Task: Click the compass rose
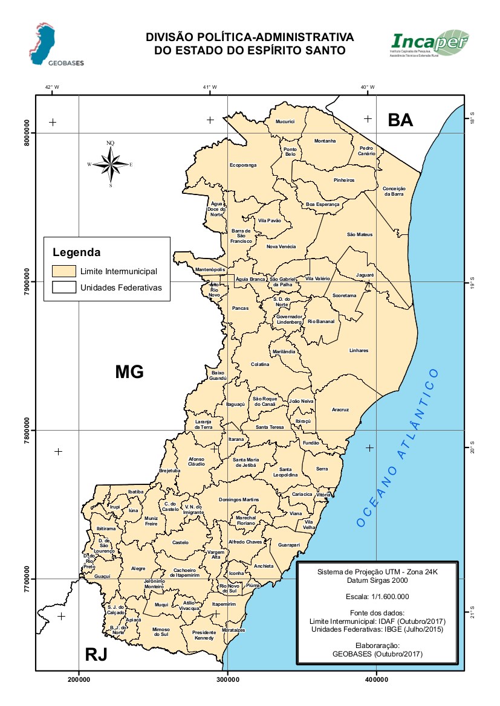(110, 164)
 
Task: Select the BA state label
(400, 120)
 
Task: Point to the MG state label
(129, 372)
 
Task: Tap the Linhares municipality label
(359, 350)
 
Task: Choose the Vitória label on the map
(323, 495)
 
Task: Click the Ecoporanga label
(243, 165)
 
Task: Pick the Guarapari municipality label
(289, 545)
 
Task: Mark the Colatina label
(260, 364)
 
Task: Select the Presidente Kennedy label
(204, 635)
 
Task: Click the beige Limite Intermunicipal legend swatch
(63, 271)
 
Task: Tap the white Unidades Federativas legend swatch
(63, 287)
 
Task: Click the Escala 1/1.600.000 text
(377, 596)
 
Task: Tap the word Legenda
(76, 251)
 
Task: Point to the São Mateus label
(360, 234)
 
